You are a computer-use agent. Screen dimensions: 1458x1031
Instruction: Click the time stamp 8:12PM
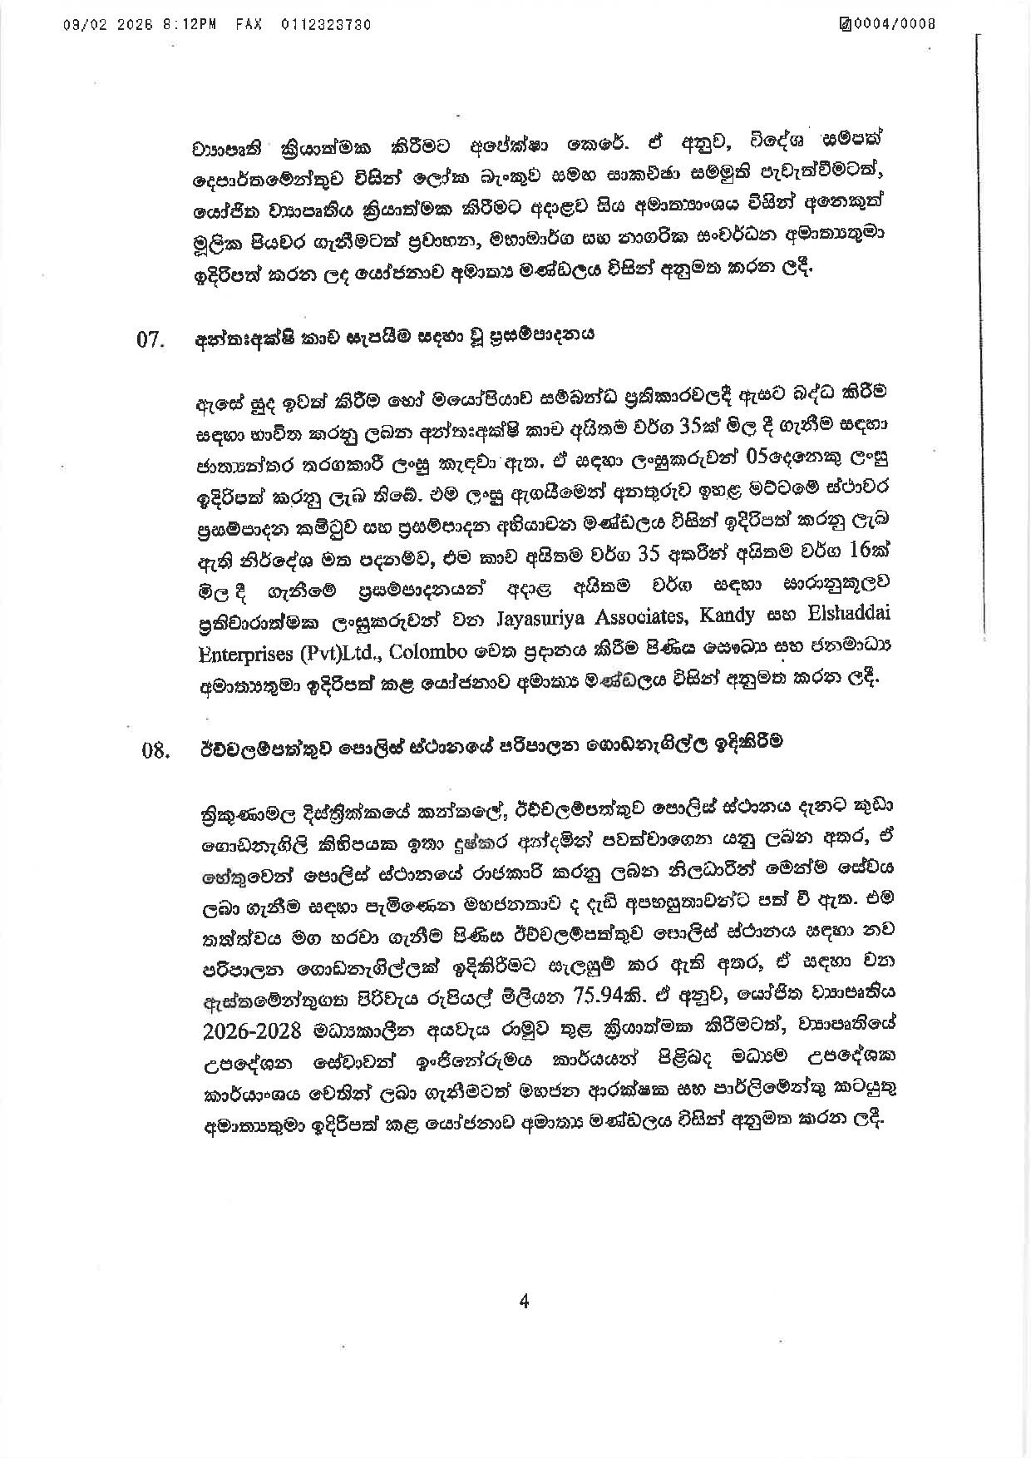pyautogui.click(x=200, y=24)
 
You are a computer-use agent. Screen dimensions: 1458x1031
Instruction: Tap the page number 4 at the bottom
pyautogui.click(x=523, y=1302)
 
